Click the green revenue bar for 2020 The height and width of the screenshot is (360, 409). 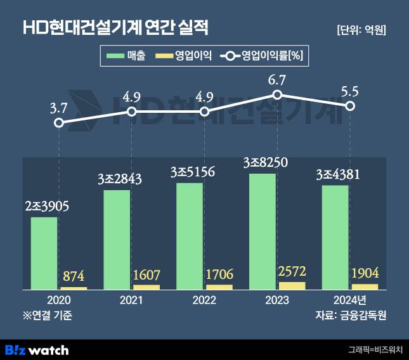pyautogui.click(x=44, y=254)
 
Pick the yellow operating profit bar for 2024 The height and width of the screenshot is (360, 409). pyautogui.click(x=365, y=286)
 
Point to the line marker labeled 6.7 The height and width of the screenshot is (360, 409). pyautogui.click(x=277, y=95)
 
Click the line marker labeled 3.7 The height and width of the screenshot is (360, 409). pyautogui.click(x=58, y=123)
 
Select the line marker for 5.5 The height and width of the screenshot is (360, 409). pyautogui.click(x=350, y=106)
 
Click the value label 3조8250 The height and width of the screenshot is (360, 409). pyautogui.click(x=265, y=162)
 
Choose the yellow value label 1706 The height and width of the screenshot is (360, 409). pyautogui.click(x=219, y=274)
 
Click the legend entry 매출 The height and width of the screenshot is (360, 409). pyautogui.click(x=127, y=56)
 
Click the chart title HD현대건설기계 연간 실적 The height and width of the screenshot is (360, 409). pyautogui.click(x=115, y=28)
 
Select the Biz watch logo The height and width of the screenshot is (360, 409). pyautogui.click(x=37, y=349)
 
